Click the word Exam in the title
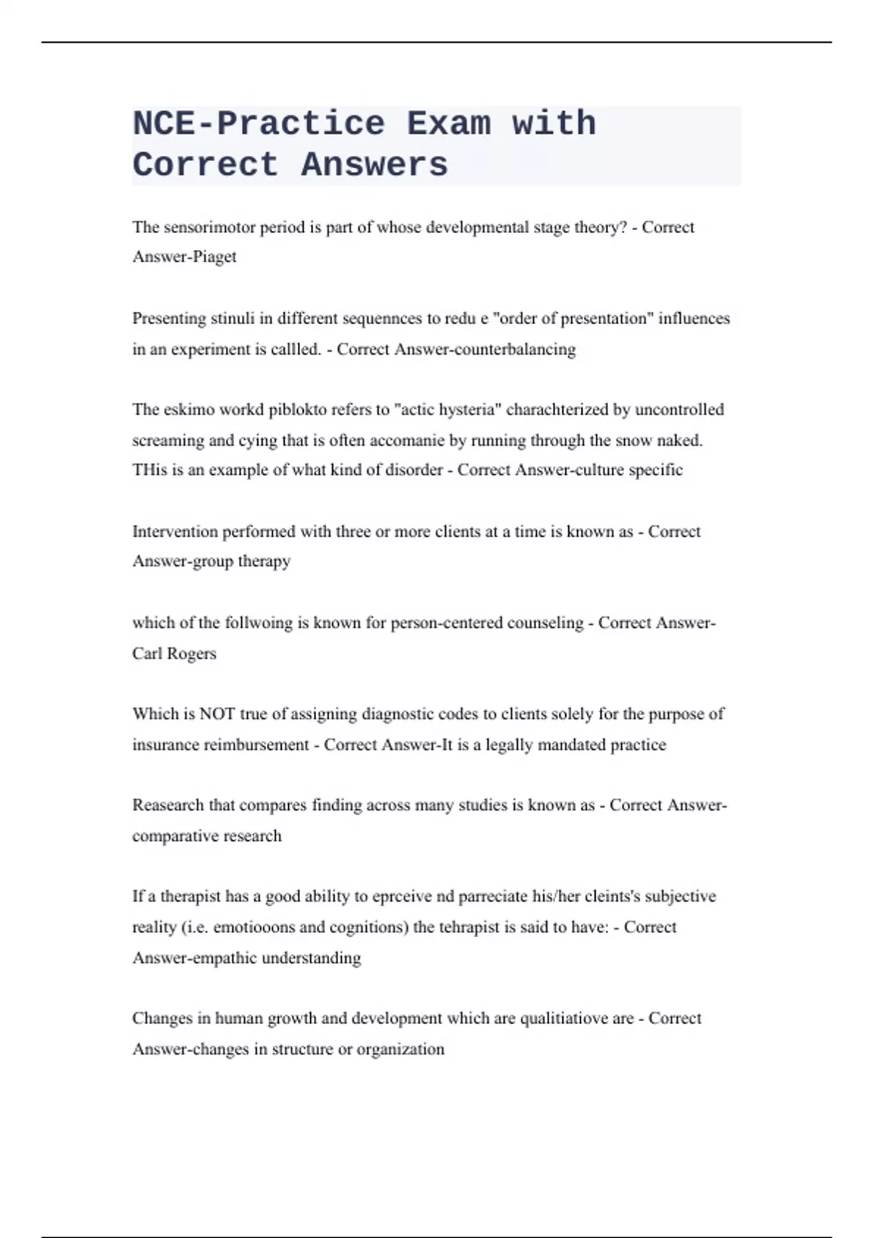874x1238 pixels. [x=449, y=124]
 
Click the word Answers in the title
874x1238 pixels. [x=374, y=165]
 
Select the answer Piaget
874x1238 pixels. [x=214, y=257]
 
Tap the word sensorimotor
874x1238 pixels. [x=209, y=227]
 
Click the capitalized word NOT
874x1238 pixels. [x=217, y=714]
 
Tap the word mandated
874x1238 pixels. [x=567, y=745]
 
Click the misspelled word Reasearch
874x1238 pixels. [x=168, y=805]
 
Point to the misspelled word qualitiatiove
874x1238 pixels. [x=577, y=1019]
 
